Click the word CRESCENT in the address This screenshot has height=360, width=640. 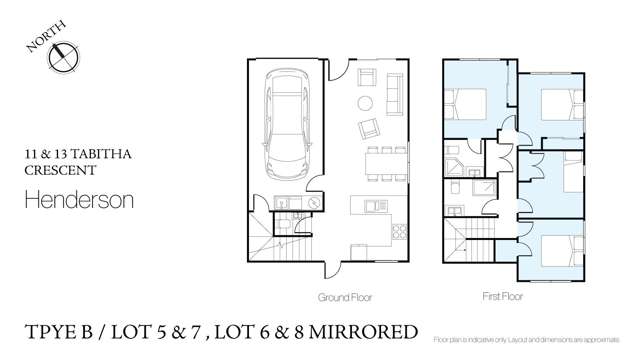pos(54,171)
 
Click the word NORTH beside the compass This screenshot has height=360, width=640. pos(41,41)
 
